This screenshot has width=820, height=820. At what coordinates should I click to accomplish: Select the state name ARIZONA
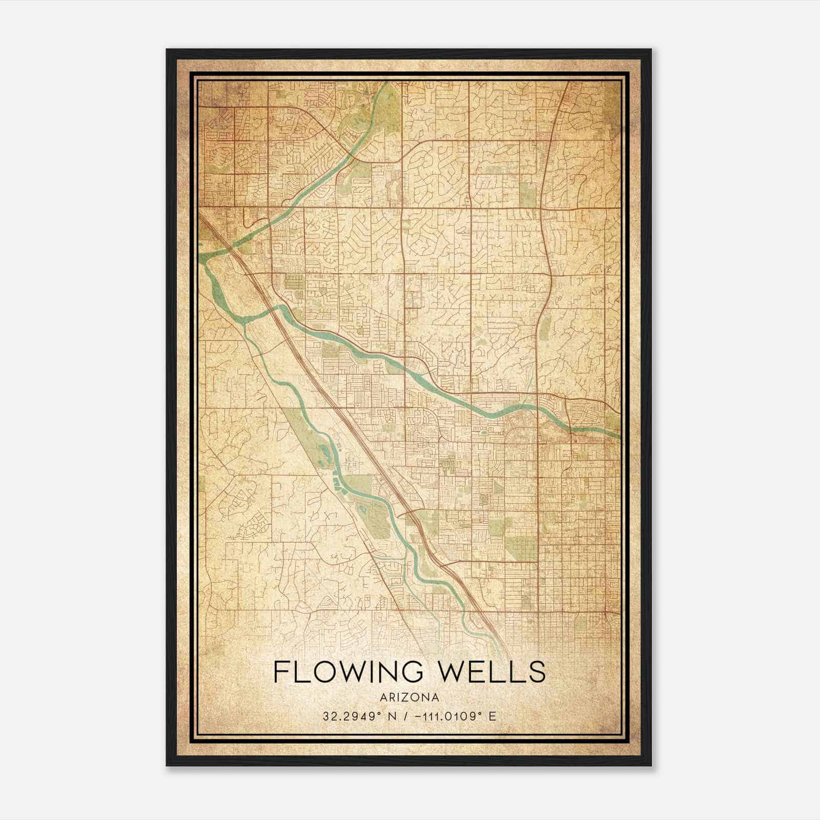tap(409, 698)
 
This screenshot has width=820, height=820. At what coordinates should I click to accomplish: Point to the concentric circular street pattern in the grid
tap(483, 498)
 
